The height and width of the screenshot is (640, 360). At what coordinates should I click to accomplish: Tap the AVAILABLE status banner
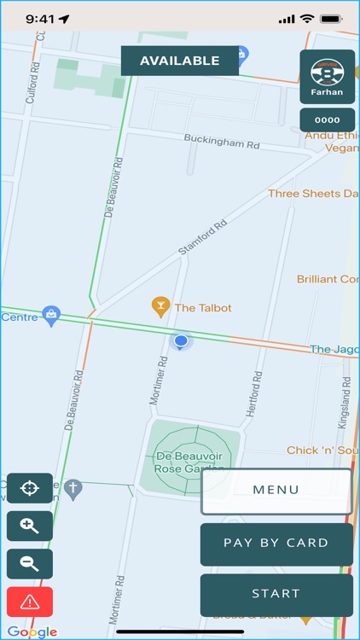point(179,61)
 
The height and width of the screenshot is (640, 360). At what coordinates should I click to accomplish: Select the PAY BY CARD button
point(276,544)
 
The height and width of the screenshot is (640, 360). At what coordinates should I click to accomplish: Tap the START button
point(276,594)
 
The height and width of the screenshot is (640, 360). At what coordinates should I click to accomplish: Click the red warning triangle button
point(30,602)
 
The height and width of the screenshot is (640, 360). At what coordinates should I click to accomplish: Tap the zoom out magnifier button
point(30,564)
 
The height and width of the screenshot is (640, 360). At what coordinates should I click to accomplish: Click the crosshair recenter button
point(30,489)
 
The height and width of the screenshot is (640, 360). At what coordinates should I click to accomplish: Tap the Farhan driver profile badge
point(327,77)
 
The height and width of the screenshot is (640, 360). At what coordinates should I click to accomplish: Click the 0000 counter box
point(327,120)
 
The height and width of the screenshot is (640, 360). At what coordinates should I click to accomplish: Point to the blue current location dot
point(181,341)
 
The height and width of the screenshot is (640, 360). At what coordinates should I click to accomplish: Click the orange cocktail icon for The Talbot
point(160,306)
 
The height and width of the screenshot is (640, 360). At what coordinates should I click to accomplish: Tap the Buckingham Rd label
point(222,142)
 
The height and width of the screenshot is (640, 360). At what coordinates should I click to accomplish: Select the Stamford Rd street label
point(203,238)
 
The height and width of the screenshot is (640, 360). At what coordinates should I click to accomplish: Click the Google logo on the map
point(32,632)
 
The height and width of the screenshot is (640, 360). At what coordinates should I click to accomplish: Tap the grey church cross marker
point(73,489)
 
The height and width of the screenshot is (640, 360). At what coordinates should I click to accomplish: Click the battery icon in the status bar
point(330,18)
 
